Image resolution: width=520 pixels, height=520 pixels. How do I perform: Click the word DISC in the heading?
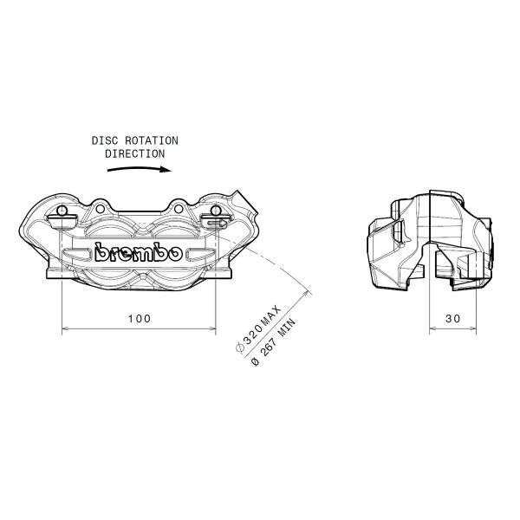click(x=105, y=140)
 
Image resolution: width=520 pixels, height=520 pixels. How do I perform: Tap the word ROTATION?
click(x=152, y=140)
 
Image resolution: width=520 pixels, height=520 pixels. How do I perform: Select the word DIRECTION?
click(x=135, y=154)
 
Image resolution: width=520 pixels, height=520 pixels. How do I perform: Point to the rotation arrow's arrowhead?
click(x=166, y=170)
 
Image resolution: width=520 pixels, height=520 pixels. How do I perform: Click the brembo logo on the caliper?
click(x=139, y=253)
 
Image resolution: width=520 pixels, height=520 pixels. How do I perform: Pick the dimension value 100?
click(x=140, y=319)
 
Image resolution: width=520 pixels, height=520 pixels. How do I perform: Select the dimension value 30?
click(x=453, y=319)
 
